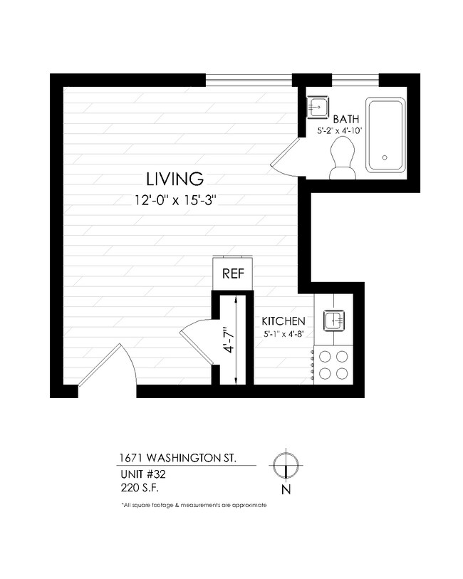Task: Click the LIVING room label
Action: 175,178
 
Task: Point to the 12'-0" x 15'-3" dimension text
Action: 175,200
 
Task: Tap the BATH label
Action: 345,119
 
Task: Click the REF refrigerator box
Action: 232,273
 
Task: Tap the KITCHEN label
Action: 283,321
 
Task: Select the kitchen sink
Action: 334,320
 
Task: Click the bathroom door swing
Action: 286,158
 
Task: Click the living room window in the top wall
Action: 249,79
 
